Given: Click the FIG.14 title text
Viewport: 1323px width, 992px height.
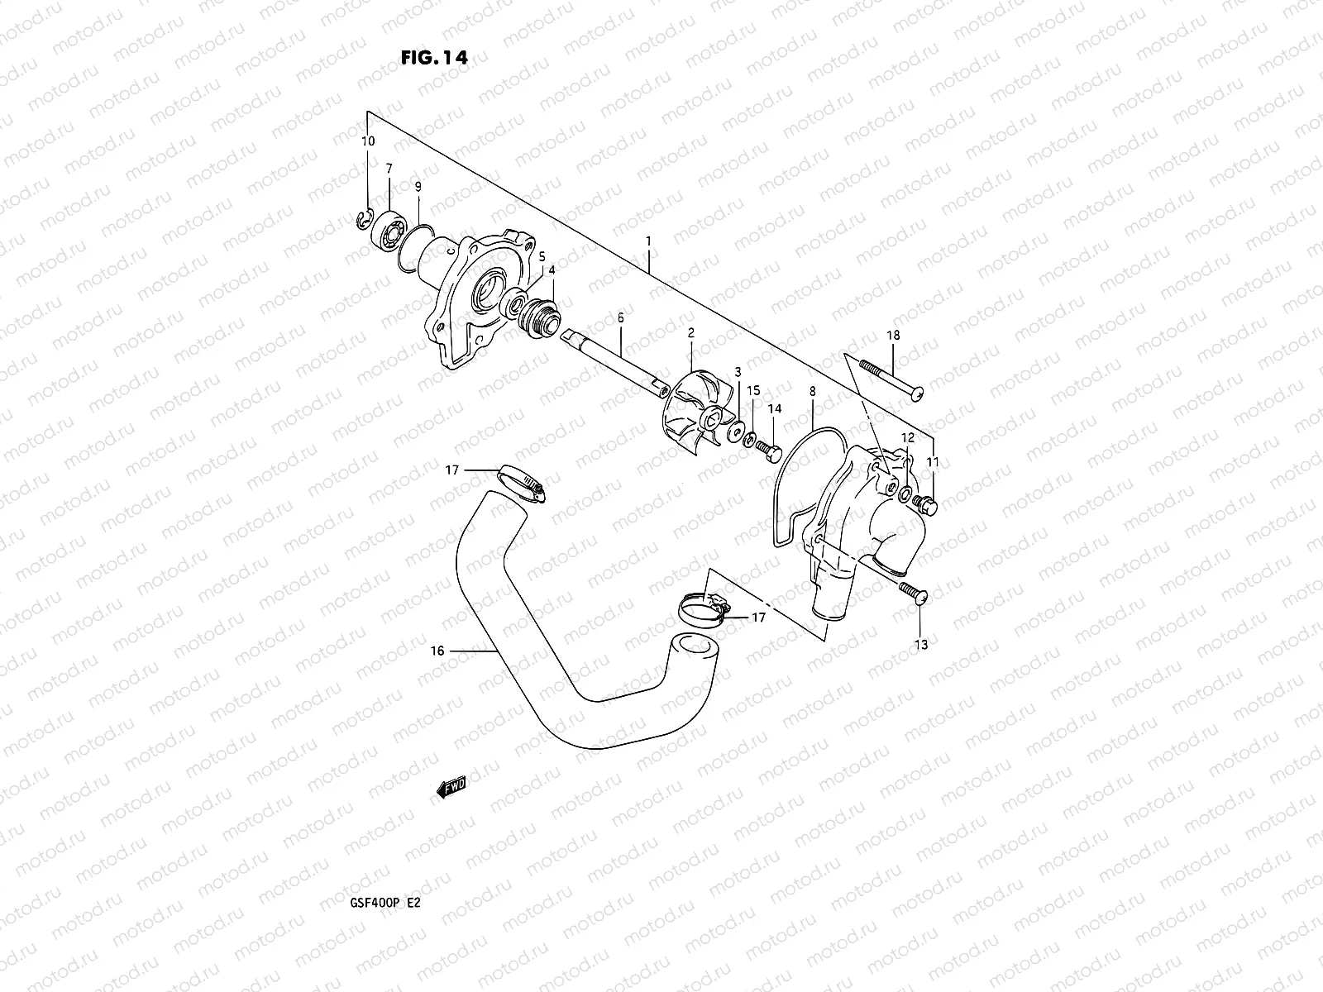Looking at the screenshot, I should click(x=432, y=58).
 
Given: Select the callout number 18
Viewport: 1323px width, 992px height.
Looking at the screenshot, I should click(x=893, y=336).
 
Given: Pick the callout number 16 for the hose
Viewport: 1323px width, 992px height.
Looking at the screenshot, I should click(x=437, y=651).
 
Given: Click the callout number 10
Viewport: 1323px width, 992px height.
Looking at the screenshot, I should click(x=368, y=141).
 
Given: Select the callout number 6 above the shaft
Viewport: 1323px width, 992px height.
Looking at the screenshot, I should click(x=620, y=317).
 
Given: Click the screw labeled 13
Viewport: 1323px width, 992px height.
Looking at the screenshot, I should click(x=911, y=591).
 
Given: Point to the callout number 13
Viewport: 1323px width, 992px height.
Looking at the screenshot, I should click(x=922, y=645).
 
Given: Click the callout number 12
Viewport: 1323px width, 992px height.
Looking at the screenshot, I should click(x=907, y=437).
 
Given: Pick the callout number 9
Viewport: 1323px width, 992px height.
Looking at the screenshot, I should click(x=418, y=187).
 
